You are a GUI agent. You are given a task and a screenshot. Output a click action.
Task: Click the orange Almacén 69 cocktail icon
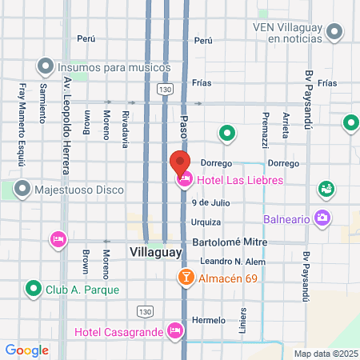coord(185,277)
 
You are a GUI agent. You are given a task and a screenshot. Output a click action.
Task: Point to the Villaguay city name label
coord(156,252)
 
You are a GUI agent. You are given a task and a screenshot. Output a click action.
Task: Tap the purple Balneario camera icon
coord(322,217)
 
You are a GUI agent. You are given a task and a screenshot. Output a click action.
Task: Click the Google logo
coord(27,350)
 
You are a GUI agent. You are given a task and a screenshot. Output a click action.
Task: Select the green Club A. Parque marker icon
coord(34,289)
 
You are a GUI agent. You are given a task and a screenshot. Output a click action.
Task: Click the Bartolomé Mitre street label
coord(228,242)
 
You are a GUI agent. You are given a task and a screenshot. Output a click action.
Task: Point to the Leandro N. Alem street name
coord(233,262)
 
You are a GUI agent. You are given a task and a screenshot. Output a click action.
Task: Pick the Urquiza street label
coord(206,222)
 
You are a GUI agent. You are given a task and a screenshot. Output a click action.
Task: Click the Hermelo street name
coord(209,320)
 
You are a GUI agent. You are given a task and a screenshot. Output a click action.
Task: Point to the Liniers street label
coord(242,318)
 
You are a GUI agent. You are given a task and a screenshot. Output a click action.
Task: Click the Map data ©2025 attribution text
coord(326,354)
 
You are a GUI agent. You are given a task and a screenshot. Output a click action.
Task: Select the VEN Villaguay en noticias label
coord(298,33)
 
